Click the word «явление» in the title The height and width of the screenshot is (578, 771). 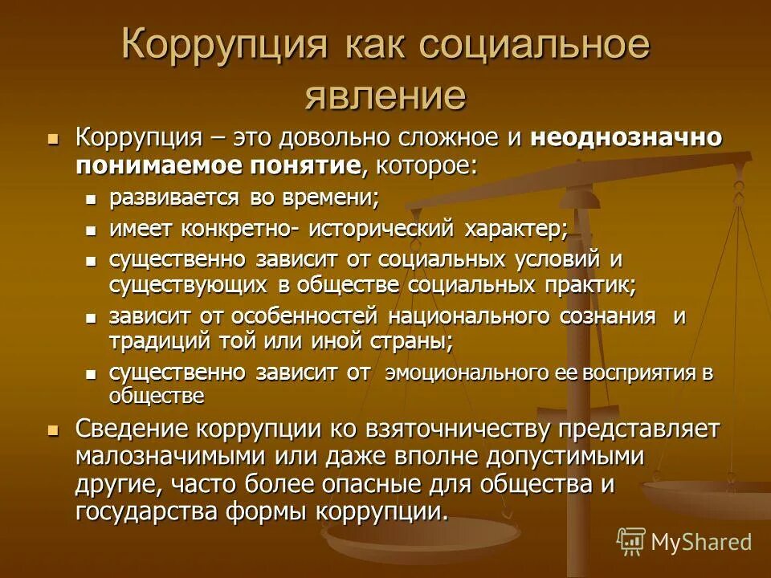pos(385,95)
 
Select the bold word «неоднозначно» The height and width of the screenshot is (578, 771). pos(626,137)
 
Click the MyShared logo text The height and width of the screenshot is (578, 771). pos(701,543)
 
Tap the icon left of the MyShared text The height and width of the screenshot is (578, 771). pos(631,542)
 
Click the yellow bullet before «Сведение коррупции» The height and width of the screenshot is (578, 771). pos(54,430)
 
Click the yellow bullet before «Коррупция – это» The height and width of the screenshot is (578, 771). pos(54,138)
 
